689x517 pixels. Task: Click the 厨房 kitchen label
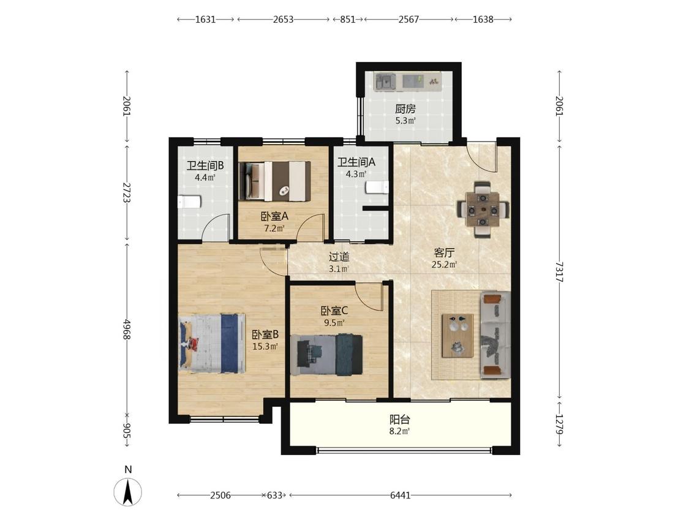point(405,108)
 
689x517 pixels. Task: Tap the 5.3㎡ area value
point(405,121)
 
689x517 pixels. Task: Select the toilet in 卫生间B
point(189,202)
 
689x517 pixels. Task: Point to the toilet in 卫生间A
point(377,187)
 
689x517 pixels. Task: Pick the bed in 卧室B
point(212,344)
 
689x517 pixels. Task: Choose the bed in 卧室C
point(327,355)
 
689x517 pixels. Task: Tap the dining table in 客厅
point(483,209)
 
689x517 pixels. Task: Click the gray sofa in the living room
point(495,334)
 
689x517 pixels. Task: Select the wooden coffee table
point(457,336)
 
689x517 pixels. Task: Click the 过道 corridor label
point(339,256)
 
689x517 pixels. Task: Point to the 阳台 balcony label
point(400,420)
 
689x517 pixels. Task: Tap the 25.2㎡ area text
point(444,265)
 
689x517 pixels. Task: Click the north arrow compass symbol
point(128,491)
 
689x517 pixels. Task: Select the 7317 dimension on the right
point(559,272)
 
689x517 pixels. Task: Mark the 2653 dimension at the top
point(283,20)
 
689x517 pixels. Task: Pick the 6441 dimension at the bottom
point(401,496)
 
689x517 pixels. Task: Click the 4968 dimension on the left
point(127,330)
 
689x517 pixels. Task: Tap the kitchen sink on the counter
point(385,81)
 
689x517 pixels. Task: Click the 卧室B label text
point(265,334)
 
